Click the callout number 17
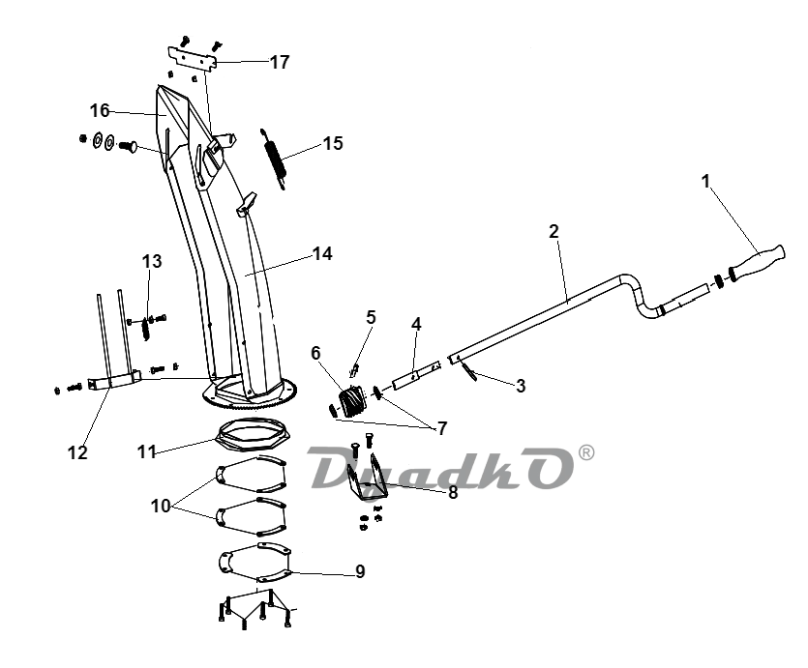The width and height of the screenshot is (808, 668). point(280,62)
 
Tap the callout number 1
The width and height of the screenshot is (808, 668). point(706,181)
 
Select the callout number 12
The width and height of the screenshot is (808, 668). point(77,452)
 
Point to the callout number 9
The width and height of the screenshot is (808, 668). point(360,571)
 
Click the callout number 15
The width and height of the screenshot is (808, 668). point(333,143)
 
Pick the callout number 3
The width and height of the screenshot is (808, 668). point(521,386)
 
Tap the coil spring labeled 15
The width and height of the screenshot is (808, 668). point(274,159)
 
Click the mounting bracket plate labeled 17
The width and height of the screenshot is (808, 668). point(193,59)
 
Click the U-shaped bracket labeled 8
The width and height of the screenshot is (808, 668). point(367,479)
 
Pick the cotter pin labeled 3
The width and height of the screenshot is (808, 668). point(469,371)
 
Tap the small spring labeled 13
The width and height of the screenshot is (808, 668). point(146,328)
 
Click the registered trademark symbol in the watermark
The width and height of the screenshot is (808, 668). point(586,452)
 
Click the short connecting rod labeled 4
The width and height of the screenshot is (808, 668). point(416,375)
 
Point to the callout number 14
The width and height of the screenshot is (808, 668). point(322,253)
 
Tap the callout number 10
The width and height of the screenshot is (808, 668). point(161,506)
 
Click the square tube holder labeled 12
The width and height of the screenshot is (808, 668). point(114,381)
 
